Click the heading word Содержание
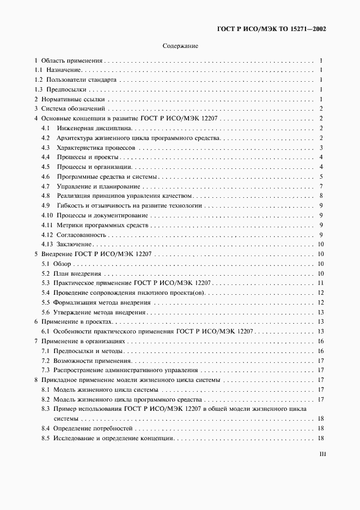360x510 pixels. point(180,46)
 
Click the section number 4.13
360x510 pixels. point(47,245)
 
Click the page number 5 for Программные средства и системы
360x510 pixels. point(322,177)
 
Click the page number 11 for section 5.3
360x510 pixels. point(321,283)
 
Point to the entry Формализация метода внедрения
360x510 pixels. point(100,303)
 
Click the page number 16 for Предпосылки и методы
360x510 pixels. point(321,351)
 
